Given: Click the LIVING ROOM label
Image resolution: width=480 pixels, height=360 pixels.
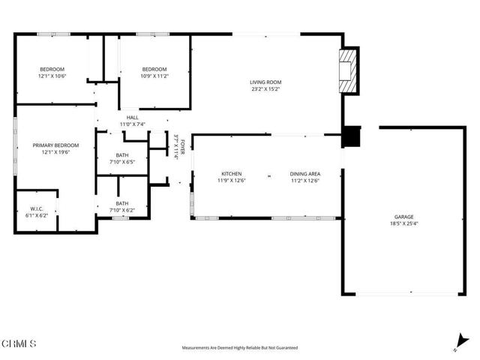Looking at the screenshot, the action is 265,82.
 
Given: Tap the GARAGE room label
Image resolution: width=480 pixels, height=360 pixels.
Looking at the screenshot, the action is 403,217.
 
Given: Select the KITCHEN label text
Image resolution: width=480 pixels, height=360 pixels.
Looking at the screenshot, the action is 232,173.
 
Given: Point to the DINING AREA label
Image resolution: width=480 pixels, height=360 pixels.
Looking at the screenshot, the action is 305,173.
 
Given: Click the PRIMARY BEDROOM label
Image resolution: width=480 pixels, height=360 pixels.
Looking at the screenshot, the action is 55,145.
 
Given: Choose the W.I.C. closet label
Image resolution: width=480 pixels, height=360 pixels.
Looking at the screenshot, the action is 37,208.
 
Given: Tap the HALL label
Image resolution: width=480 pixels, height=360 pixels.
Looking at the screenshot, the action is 133,117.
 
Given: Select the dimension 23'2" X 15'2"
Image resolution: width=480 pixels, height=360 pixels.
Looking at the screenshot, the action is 265,89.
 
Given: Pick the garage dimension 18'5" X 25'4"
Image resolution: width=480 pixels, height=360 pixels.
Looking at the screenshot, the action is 403,223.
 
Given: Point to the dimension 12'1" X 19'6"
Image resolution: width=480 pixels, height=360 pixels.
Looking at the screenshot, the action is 55,151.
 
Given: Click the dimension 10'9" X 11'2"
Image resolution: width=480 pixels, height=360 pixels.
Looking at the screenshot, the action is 154,76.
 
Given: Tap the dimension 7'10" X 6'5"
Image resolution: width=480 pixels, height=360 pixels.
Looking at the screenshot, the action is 122,162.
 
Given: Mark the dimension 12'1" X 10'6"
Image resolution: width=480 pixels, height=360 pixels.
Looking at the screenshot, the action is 52,76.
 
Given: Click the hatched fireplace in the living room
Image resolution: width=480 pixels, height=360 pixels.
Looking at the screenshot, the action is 348,70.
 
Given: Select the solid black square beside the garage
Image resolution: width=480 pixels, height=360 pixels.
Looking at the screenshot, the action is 351,136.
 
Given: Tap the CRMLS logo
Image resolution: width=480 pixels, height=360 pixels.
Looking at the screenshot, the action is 18,343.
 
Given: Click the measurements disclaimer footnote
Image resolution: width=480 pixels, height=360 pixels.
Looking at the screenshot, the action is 240,348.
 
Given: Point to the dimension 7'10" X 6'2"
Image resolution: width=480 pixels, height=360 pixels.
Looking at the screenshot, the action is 122,210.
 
